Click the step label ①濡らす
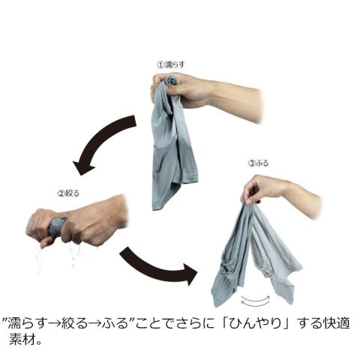click(x=171, y=64)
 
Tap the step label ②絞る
click(x=68, y=193)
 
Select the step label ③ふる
click(x=258, y=163)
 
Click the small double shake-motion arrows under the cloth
click(x=255, y=301)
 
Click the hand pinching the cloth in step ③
click(x=262, y=189)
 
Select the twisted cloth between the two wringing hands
click(x=57, y=226)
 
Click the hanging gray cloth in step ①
click(x=170, y=145)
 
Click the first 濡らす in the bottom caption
click(x=27, y=323)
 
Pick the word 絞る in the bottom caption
click(x=75, y=323)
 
